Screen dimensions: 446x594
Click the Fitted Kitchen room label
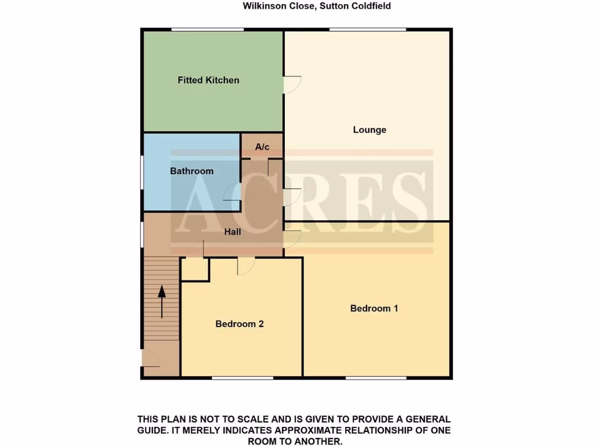click(208, 80)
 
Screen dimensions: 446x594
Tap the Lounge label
click(370, 130)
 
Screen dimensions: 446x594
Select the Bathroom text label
click(191, 171)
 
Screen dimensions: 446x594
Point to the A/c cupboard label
click(262, 147)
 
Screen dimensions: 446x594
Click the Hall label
click(233, 232)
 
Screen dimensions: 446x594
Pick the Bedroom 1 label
click(374, 308)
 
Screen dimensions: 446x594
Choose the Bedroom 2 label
click(240, 323)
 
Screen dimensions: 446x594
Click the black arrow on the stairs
click(162, 301)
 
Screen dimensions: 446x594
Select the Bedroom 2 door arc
click(245, 267)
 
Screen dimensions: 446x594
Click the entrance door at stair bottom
click(151, 358)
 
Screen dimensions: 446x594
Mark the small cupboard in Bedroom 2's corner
click(195, 269)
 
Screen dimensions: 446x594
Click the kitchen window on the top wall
click(207, 29)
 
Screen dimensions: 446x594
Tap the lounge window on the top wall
click(367, 29)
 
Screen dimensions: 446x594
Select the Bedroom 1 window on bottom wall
click(375, 378)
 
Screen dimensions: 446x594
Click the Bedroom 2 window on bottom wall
click(242, 378)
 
